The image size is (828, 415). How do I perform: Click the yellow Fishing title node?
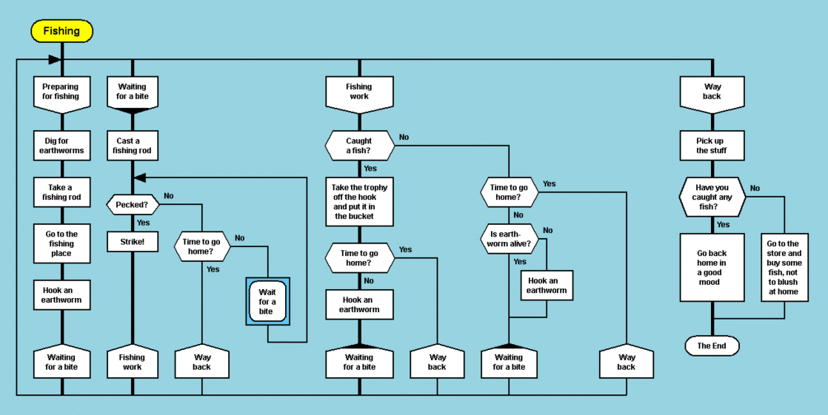point(62,31)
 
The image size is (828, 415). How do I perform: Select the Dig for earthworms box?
point(62,146)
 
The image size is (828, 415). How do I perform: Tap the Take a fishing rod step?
point(62,192)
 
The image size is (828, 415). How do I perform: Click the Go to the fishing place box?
point(62,243)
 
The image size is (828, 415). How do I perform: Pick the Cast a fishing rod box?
point(132,146)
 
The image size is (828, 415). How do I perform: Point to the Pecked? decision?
point(132,203)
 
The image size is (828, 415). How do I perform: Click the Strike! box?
point(132,242)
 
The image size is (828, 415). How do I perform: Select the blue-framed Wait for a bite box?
point(267,301)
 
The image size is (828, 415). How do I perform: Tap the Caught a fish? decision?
point(359,146)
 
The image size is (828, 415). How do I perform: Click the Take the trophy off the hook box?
point(359,202)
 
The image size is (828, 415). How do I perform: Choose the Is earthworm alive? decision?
point(508,239)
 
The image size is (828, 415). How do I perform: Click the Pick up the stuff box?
point(713,146)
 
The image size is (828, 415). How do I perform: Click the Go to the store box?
point(784,268)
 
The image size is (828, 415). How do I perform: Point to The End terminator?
point(712,346)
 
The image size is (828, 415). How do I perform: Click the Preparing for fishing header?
point(62,91)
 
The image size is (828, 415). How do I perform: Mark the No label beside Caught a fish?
point(404,137)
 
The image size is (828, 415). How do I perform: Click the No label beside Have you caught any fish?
point(755,189)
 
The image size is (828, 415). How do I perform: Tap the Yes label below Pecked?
point(143,222)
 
